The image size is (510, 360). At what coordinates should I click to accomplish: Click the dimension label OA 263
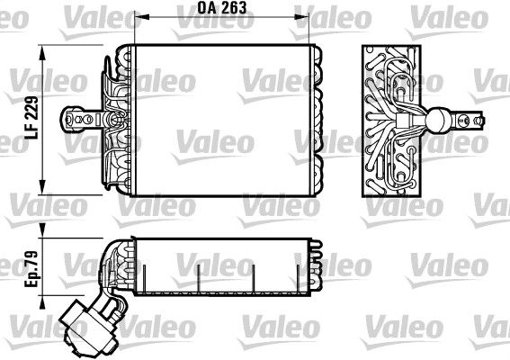(x=222, y=8)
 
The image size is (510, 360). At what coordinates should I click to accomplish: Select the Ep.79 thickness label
(x=31, y=269)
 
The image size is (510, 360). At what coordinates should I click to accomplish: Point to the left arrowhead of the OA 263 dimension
(x=141, y=17)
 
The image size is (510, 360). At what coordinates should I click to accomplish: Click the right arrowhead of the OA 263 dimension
(x=301, y=17)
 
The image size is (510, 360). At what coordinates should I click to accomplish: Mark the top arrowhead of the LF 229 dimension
(x=42, y=53)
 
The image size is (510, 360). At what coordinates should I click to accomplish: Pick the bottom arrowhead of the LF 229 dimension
(x=42, y=187)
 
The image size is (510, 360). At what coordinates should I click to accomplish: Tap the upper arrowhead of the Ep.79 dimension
(x=42, y=230)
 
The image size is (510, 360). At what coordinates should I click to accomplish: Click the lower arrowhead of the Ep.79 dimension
(x=42, y=302)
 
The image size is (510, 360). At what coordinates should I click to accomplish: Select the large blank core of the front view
(x=222, y=120)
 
